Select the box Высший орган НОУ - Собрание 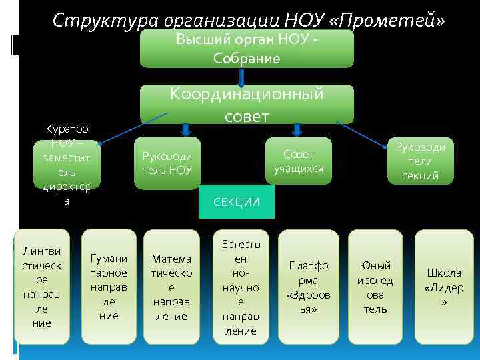[x=246, y=49]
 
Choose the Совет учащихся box [x=298, y=160]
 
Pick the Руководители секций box [x=421, y=161]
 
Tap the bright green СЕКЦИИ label [x=236, y=202]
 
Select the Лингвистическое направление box [x=41, y=287]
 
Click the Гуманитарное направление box [x=108, y=287]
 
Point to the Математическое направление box [x=171, y=287]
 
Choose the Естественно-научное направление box [x=240, y=287]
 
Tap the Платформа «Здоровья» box [x=308, y=287]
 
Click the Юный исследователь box [x=375, y=287]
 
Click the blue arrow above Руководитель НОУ [x=186, y=129]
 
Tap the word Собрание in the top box [x=246, y=58]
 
